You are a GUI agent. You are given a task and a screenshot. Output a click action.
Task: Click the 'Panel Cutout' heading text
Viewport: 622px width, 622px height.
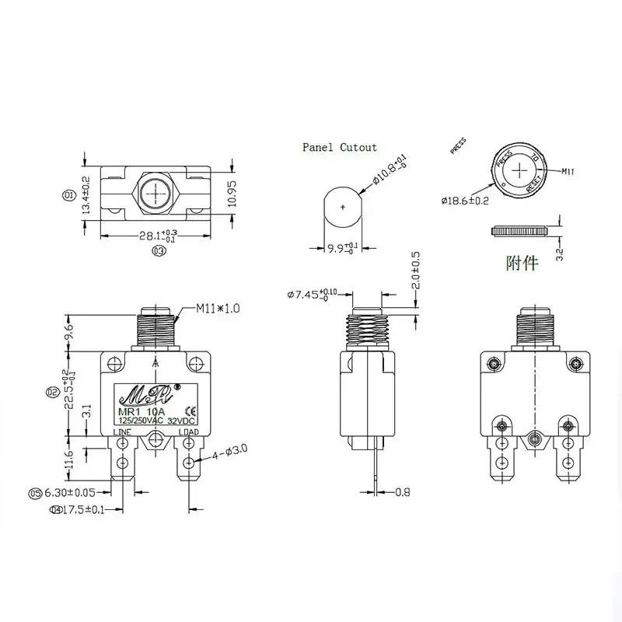point(340,147)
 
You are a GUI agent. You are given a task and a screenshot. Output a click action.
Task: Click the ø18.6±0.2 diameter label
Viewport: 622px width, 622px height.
point(464,201)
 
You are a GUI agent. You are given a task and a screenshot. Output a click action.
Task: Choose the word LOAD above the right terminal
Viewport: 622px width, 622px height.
point(188,432)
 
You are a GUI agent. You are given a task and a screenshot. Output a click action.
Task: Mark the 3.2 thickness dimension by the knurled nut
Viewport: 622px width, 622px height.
point(558,254)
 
